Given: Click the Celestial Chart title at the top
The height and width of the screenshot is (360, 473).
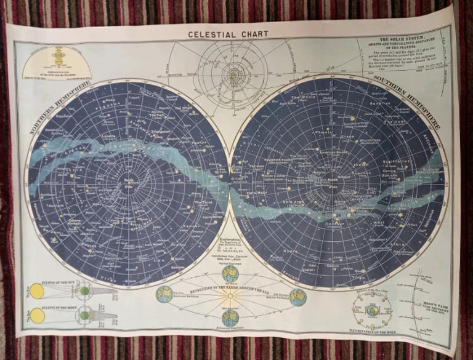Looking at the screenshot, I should click(x=228, y=34).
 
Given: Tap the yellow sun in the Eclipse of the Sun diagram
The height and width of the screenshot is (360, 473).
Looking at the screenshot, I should click(x=38, y=291).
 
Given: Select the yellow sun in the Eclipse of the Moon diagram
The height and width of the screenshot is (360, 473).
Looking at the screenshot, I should click(x=38, y=316).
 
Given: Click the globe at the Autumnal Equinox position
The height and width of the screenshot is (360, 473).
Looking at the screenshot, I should click(x=230, y=318).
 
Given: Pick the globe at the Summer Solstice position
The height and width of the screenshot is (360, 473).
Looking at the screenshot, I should click(x=164, y=295).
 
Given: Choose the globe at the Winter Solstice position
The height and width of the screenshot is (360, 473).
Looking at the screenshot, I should click(x=298, y=297).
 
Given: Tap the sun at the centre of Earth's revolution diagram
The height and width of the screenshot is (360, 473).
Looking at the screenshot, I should click(x=230, y=296).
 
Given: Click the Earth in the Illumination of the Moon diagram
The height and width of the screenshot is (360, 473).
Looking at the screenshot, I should click(x=372, y=310).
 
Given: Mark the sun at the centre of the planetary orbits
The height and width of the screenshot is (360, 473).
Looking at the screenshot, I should click(x=233, y=75).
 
